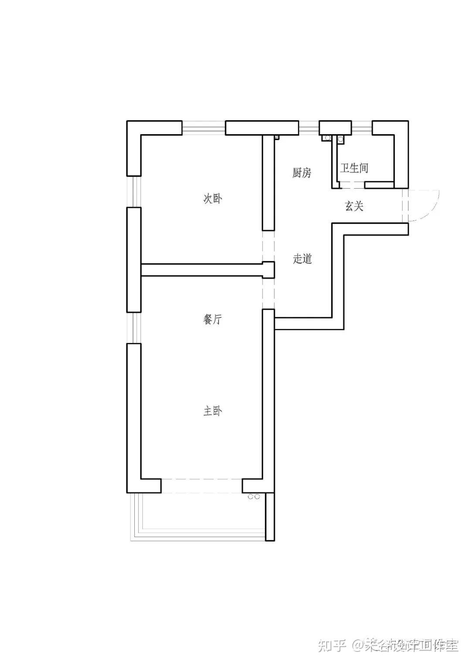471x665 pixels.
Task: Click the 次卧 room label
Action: pos(213,199)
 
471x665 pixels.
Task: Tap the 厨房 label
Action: pos(302,173)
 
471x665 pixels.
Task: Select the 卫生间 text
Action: pos(354,168)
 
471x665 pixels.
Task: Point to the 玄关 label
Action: pos(354,206)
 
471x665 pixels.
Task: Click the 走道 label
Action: pos(302,259)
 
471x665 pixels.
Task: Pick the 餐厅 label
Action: pos(213,320)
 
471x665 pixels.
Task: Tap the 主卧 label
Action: pos(213,411)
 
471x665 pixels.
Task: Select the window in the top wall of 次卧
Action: pos(203,128)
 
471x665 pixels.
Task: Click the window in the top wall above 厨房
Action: pos(309,128)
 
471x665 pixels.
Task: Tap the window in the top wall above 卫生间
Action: pos(362,128)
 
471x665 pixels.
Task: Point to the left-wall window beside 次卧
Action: pos(134,191)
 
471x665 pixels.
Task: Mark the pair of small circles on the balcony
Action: pos(254,496)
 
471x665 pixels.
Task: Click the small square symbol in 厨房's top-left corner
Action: pos(276,137)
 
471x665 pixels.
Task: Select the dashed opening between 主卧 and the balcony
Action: pos(201,485)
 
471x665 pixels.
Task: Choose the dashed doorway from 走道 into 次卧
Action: pos(268,246)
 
